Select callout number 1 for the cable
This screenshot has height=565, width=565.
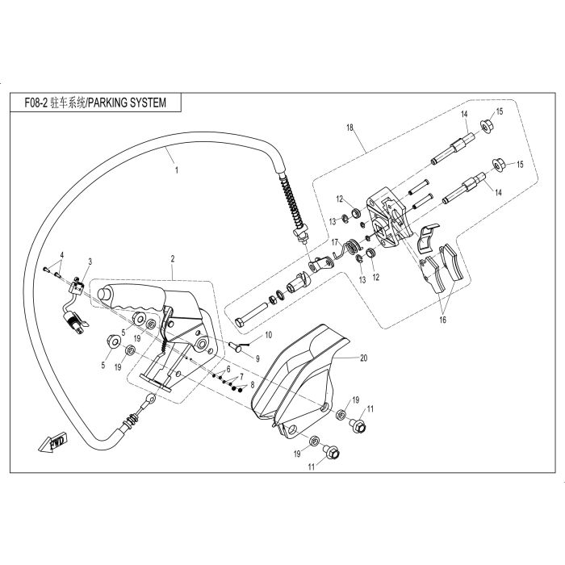(x=176, y=171)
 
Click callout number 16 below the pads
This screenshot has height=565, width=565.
(x=442, y=320)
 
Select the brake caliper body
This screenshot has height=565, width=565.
(x=386, y=218)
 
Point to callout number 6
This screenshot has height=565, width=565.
(x=228, y=368)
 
